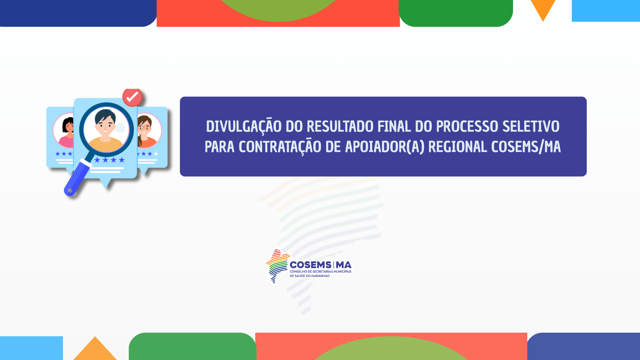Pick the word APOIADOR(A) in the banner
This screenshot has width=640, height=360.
point(385,147)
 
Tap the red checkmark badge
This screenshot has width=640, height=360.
point(132,97)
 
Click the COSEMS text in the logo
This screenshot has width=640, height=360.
point(310,265)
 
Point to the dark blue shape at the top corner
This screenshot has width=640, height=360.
point(78,13)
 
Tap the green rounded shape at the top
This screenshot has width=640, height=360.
point(456,13)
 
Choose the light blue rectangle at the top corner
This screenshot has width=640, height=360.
point(606,11)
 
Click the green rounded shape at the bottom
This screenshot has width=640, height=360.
point(193,346)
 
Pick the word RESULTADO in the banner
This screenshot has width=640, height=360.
point(340,127)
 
